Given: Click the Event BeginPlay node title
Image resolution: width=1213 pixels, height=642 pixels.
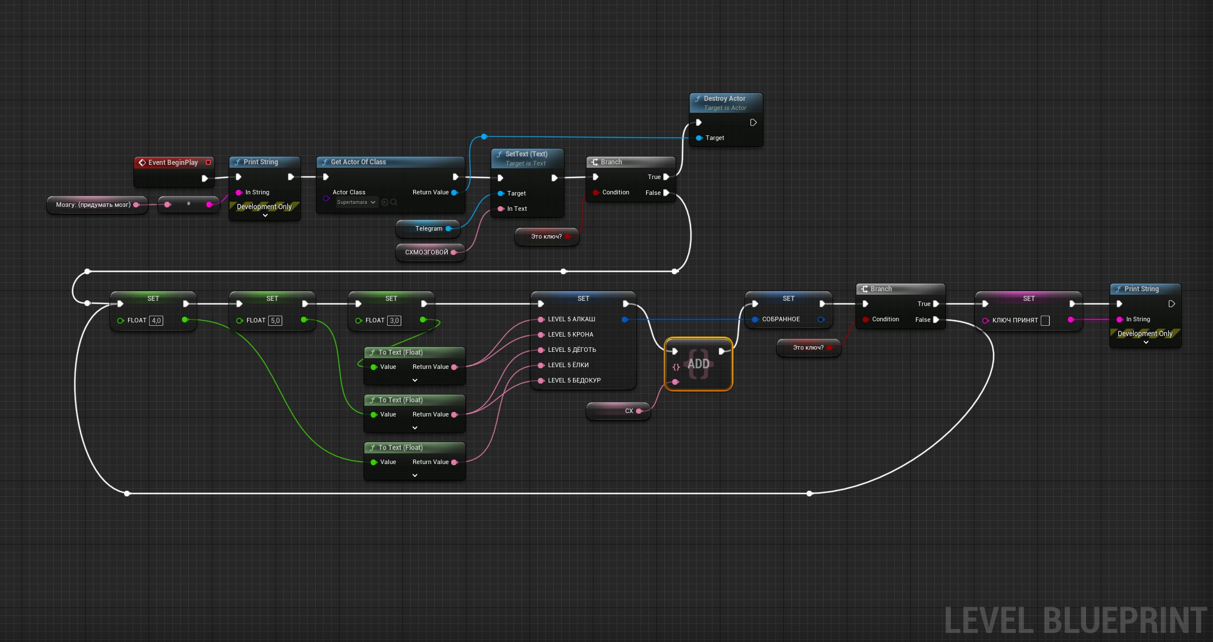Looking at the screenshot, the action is tap(173, 163).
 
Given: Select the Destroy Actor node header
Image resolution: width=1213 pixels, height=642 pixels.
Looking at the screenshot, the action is tap(726, 103).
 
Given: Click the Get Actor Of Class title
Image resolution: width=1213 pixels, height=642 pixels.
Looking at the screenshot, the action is tap(358, 162).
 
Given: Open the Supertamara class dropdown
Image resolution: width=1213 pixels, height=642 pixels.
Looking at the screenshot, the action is tap(357, 202).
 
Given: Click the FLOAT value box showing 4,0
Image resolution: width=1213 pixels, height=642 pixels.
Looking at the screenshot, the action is tap(156, 321).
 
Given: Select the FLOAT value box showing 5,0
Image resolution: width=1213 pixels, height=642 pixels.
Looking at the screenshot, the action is tap(275, 321).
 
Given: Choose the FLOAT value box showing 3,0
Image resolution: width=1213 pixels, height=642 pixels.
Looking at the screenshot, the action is tap(394, 321).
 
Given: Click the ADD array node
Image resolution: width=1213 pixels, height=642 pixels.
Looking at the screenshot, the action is tap(698, 364).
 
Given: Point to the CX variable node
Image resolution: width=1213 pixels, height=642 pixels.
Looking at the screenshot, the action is tap(618, 411).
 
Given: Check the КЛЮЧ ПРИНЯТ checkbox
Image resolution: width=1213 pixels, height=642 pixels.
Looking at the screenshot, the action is tap(1045, 321).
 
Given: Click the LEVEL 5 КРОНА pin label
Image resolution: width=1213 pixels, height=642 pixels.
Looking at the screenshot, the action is tap(570, 334).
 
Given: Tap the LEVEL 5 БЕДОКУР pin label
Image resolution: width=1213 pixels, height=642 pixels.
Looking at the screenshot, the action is tap(574, 380).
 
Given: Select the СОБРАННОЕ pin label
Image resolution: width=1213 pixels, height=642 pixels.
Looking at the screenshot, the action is tap(781, 320).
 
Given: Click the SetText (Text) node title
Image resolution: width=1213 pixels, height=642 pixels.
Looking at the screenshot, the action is tap(526, 154).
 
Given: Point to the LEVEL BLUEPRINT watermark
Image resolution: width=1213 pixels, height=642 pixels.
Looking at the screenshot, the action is tap(1075, 620).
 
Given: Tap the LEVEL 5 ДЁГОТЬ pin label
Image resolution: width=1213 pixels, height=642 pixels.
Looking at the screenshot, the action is tap(571, 350).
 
